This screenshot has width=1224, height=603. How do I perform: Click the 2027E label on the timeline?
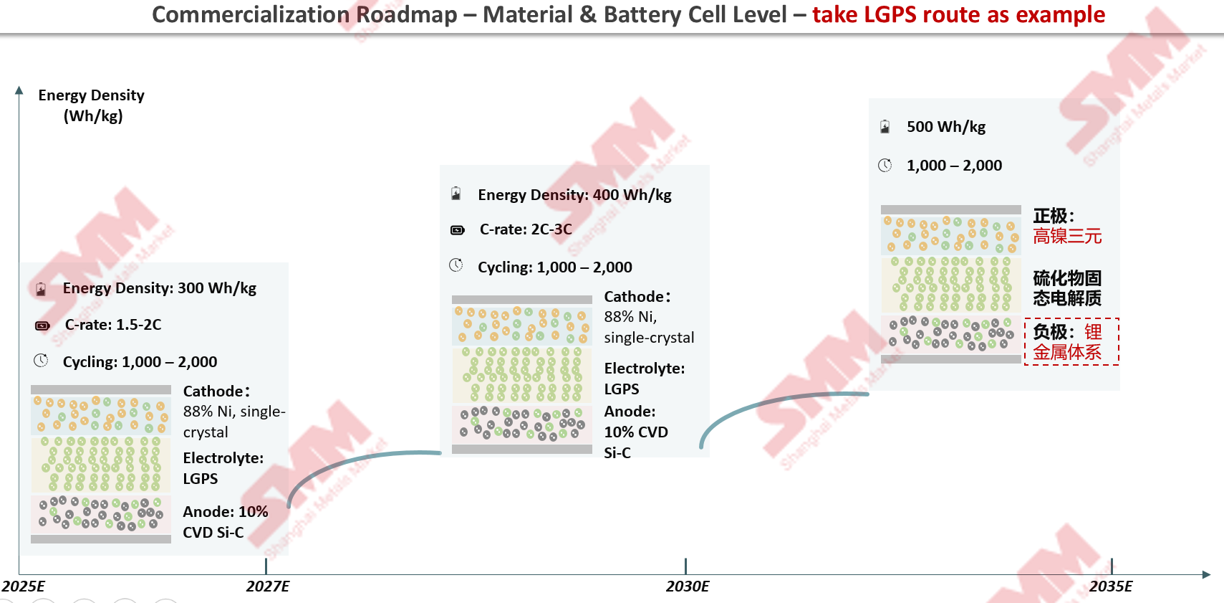click(268, 587)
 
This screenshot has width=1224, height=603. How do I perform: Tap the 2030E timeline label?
click(688, 587)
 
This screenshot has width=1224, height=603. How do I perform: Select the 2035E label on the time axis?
click(1111, 587)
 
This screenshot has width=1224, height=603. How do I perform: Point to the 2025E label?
click(24, 587)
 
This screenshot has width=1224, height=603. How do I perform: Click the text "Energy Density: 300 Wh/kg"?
click(159, 288)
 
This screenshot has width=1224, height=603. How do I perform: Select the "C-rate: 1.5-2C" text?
click(113, 325)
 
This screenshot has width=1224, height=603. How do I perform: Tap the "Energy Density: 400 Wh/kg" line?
click(574, 195)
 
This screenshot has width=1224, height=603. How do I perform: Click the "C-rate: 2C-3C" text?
click(526, 229)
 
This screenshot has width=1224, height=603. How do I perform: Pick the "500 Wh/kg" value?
click(946, 127)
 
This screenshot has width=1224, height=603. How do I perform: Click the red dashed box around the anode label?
click(1071, 342)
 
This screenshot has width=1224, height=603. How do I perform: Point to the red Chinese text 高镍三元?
click(1067, 237)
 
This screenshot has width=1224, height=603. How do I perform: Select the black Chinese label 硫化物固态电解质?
click(1067, 288)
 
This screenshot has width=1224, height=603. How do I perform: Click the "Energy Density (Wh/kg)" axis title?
click(92, 105)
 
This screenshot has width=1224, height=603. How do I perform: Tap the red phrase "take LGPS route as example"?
click(958, 14)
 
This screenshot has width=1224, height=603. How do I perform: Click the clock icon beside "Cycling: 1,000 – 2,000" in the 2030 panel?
click(456, 265)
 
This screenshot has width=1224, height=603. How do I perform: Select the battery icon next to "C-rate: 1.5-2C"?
click(42, 326)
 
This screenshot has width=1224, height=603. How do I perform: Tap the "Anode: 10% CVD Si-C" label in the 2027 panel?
click(225, 522)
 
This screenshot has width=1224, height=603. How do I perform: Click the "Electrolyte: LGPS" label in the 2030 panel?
click(644, 379)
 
